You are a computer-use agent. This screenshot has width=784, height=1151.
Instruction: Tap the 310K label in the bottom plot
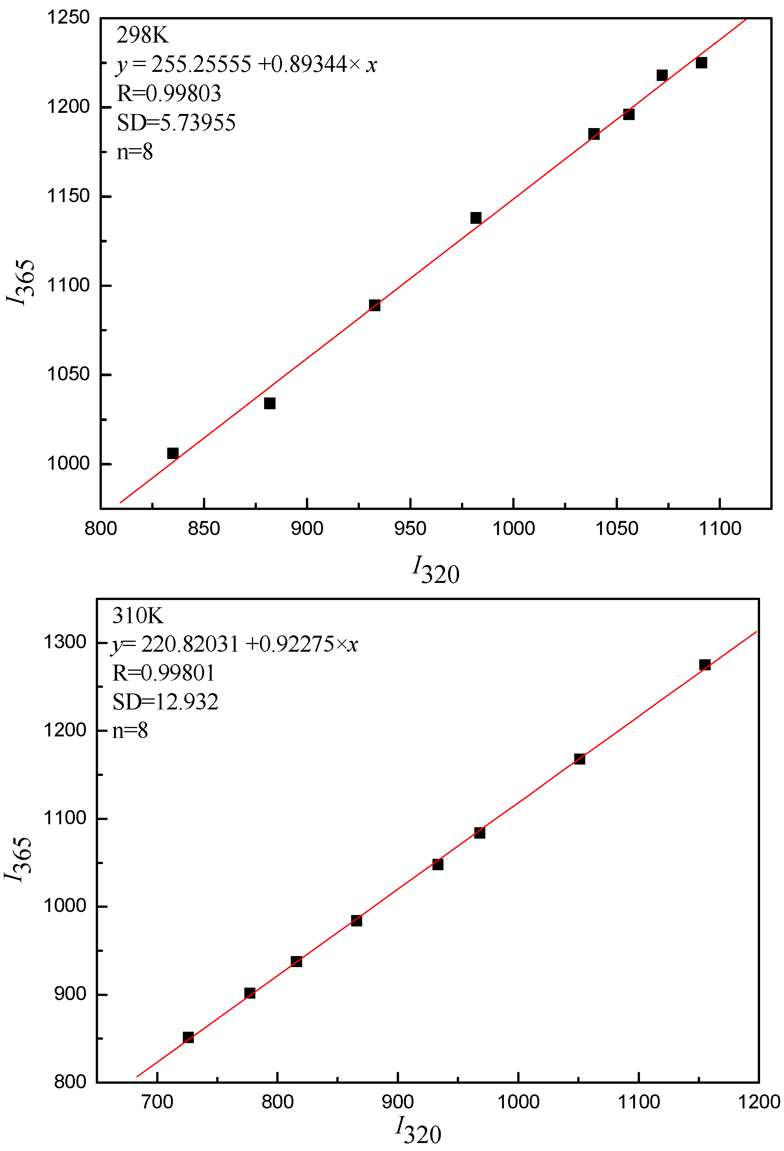pyautogui.click(x=138, y=616)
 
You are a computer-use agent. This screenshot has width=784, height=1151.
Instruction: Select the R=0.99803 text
pyautogui.click(x=169, y=93)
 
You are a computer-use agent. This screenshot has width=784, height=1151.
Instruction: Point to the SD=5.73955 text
pyautogui.click(x=176, y=123)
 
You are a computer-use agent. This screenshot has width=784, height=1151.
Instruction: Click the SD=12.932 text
pyautogui.click(x=165, y=702)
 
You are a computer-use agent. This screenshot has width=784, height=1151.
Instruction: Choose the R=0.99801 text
pyautogui.click(x=164, y=673)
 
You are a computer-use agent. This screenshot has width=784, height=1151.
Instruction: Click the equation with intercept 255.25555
pyautogui.click(x=247, y=64)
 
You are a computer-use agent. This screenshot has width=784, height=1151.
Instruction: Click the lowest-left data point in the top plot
pyautogui.click(x=173, y=453)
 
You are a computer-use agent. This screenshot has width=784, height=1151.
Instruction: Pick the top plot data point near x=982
pyautogui.click(x=476, y=218)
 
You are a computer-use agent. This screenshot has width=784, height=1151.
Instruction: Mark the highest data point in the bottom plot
pyautogui.click(x=705, y=665)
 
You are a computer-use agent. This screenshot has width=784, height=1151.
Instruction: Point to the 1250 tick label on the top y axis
pyautogui.click(x=68, y=18)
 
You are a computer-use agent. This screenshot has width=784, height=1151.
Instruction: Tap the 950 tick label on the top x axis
pyautogui.click(x=410, y=529)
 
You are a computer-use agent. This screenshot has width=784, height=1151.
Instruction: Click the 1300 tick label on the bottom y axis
pyautogui.click(x=65, y=642)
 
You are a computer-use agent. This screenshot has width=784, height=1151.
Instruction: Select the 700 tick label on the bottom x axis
pyautogui.click(x=157, y=1102)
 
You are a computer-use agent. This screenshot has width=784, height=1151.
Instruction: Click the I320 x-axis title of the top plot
pyautogui.click(x=436, y=570)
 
